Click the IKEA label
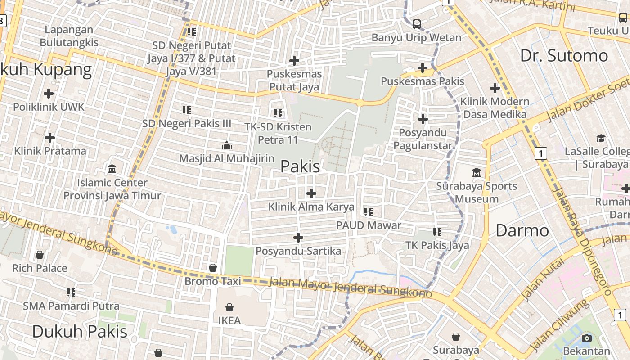pyautogui.click(x=229, y=320)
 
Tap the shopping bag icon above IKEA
pyautogui.click(x=229, y=307)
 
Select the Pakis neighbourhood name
pyautogui.click(x=300, y=166)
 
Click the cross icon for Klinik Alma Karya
pyautogui.click(x=311, y=193)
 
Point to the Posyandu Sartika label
pyautogui.click(x=298, y=251)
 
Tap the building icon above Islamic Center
pyautogui.click(x=112, y=169)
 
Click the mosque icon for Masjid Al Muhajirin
pyautogui.click(x=226, y=145)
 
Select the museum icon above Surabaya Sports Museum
pyautogui.click(x=477, y=172)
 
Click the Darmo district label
pyautogui.click(x=522, y=230)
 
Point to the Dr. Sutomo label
pyautogui.click(x=564, y=56)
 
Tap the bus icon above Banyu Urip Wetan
pyautogui.click(x=417, y=24)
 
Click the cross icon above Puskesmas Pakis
pyautogui.click(x=422, y=68)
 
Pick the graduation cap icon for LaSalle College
pyautogui.click(x=601, y=138)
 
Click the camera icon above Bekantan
pyautogui.click(x=586, y=338)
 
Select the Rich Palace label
pyautogui.click(x=40, y=268)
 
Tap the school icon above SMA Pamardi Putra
pyautogui.click(x=71, y=292)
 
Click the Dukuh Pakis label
pyautogui.click(x=80, y=331)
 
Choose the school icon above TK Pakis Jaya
pyautogui.click(x=437, y=232)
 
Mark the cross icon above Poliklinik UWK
pyautogui.click(x=49, y=94)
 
